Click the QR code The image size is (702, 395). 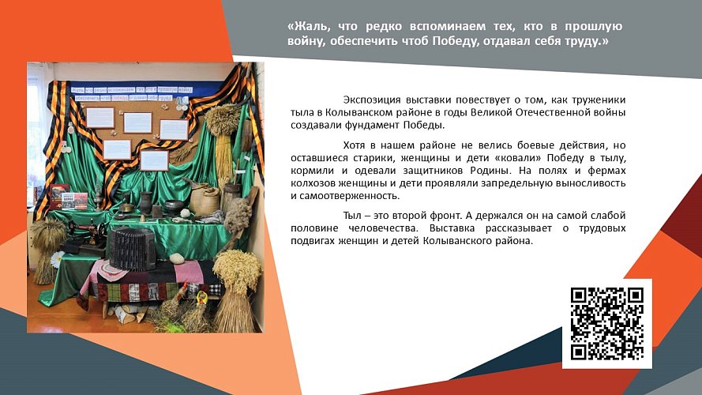607,323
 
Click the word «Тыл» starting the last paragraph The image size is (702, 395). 353,216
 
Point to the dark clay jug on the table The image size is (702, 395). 146,201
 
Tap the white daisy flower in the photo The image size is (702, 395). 58,258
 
